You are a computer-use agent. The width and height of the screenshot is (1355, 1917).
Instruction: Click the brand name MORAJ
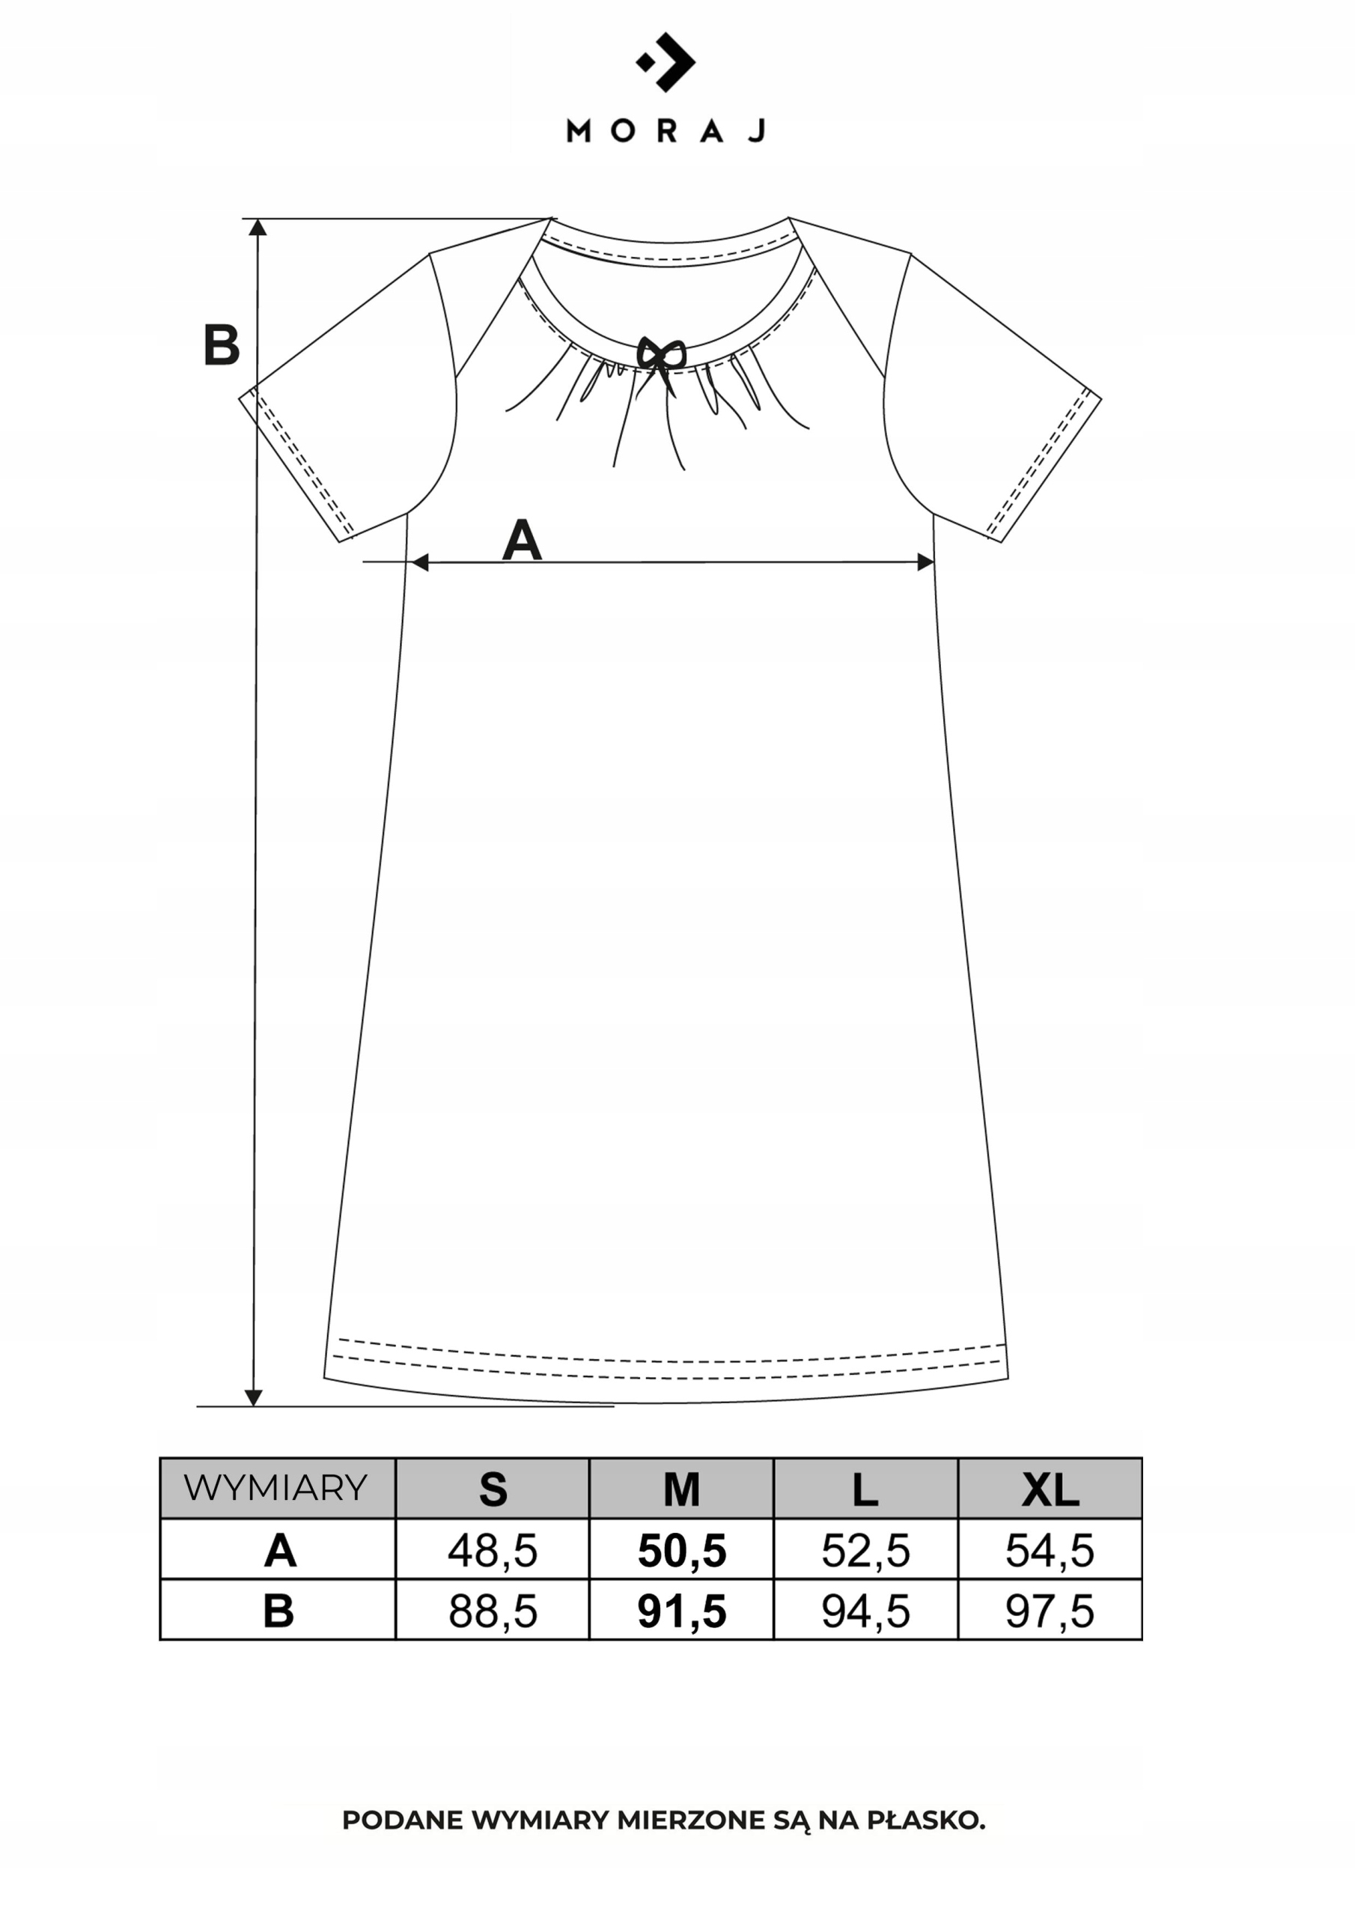(666, 131)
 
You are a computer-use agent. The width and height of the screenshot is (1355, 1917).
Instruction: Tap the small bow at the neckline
(660, 355)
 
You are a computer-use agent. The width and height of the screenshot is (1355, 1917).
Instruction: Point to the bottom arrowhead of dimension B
(254, 1397)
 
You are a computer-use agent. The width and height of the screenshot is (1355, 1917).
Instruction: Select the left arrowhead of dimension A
(420, 562)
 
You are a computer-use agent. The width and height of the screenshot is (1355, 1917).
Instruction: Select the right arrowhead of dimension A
(925, 562)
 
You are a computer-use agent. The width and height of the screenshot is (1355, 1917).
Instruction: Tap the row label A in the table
(280, 1551)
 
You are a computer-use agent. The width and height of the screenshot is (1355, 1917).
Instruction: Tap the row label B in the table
(278, 1611)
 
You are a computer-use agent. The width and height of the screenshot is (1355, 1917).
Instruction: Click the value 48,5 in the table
(493, 1551)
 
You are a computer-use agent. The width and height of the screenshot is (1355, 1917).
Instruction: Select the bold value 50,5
(682, 1551)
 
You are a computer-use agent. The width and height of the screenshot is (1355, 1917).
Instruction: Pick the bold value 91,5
(682, 1611)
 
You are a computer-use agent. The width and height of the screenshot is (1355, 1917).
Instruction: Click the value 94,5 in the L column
(865, 1611)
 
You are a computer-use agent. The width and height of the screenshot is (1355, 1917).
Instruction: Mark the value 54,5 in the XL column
(1050, 1551)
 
